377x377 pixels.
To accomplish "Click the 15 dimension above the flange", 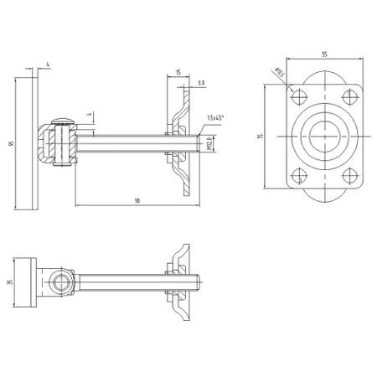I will point(179,73).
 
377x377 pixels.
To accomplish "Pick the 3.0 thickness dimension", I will point(202,84).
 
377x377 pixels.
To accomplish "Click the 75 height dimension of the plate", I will point(261,136).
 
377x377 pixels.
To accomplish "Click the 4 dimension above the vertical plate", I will point(49,63).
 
